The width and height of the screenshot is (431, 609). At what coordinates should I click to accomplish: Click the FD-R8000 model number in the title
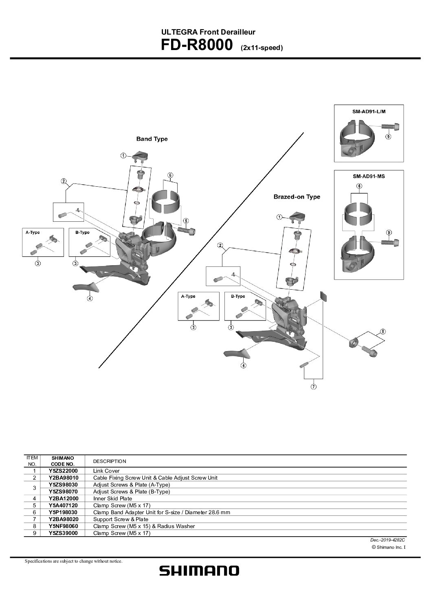[x=197, y=45]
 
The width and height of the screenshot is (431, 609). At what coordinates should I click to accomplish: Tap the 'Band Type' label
[x=152, y=139]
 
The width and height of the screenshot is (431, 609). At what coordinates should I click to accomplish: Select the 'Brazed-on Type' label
[x=297, y=197]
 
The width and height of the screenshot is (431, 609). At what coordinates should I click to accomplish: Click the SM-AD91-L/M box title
[x=369, y=111]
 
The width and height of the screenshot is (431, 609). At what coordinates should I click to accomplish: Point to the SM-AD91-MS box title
[x=369, y=176]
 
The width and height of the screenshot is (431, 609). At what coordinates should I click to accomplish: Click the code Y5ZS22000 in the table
[x=63, y=471]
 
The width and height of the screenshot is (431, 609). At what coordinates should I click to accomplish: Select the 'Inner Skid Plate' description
[x=112, y=498]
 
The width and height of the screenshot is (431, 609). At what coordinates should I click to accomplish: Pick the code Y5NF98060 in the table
[x=63, y=526]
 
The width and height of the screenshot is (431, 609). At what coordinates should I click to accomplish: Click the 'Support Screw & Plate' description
[x=121, y=519]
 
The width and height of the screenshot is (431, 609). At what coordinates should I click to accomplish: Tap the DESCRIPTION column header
[x=110, y=461]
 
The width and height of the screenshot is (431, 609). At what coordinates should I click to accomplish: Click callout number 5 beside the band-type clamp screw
[x=186, y=221]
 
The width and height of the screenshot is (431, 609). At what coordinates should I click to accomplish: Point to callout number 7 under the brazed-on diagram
[x=314, y=386]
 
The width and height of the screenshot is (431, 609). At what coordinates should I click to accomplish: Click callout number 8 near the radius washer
[x=383, y=332]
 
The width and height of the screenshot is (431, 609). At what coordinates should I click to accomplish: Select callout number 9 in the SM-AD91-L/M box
[x=388, y=136]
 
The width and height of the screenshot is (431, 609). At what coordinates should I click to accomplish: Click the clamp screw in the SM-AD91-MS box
[x=390, y=241]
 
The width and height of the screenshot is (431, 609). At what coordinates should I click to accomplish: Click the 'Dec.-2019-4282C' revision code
[x=387, y=540]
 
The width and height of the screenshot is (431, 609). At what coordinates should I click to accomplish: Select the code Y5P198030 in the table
[x=63, y=512]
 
